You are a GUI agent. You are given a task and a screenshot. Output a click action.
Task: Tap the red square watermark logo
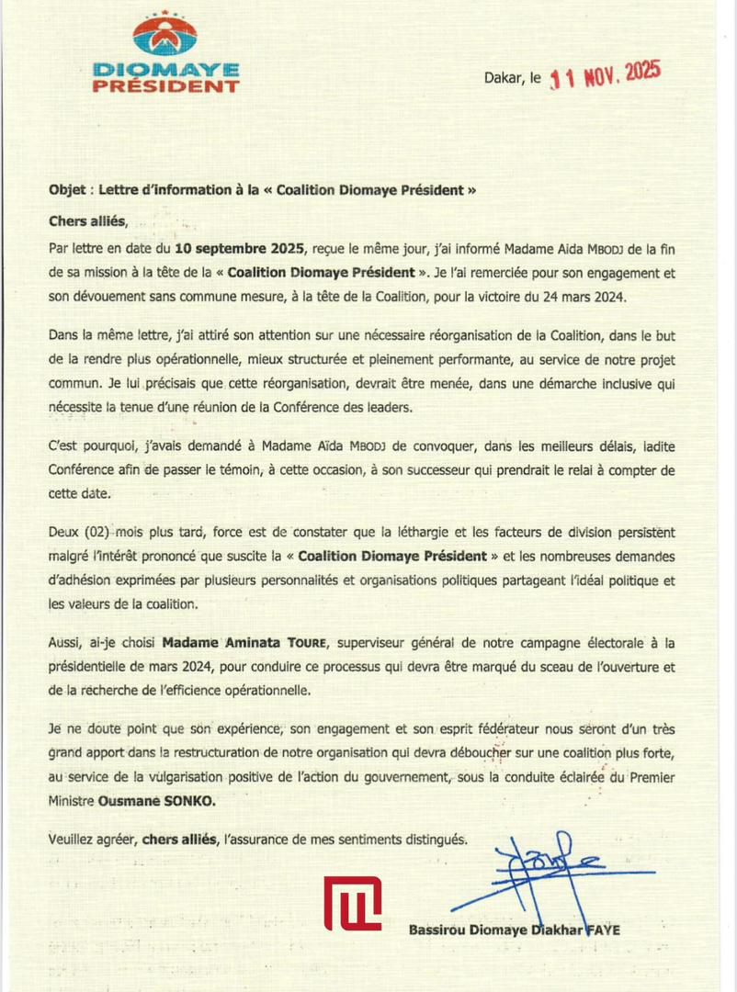pos(352,903)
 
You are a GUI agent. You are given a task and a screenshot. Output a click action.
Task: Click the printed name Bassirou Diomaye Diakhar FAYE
pos(514,930)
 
